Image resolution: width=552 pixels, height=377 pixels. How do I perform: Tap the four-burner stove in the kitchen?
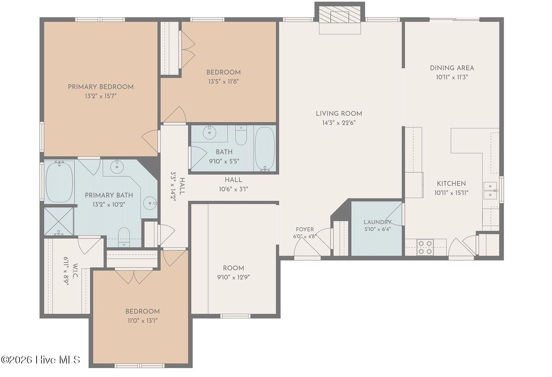[425, 247]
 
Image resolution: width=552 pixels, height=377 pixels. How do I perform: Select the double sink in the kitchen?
[490, 191]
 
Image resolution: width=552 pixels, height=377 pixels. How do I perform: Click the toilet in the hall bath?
[241, 135]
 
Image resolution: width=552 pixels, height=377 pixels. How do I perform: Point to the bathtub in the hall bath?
[265, 149]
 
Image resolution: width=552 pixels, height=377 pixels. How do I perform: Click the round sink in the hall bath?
[210, 133]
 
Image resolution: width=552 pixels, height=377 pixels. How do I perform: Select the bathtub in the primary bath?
[59, 182]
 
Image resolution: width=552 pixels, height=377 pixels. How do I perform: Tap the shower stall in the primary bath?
[59, 221]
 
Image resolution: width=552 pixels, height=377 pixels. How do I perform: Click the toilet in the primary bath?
[124, 237]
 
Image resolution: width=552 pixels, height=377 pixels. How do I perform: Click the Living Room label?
[339, 114]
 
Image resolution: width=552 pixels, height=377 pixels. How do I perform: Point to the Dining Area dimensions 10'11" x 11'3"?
[452, 77]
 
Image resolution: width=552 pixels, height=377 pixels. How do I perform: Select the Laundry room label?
[378, 222]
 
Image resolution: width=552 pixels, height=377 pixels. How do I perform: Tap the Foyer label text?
[305, 229]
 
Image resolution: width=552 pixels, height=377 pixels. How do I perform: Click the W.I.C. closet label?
[75, 271]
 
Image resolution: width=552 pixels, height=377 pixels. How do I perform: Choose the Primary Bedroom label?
[101, 87]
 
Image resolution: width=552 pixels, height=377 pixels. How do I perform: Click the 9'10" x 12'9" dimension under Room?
[234, 278]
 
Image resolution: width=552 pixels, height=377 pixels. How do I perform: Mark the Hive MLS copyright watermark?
[40, 360]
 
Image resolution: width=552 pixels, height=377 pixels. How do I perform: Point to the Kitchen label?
[451, 184]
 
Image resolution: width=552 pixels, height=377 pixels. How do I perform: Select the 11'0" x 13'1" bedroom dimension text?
[143, 320]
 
